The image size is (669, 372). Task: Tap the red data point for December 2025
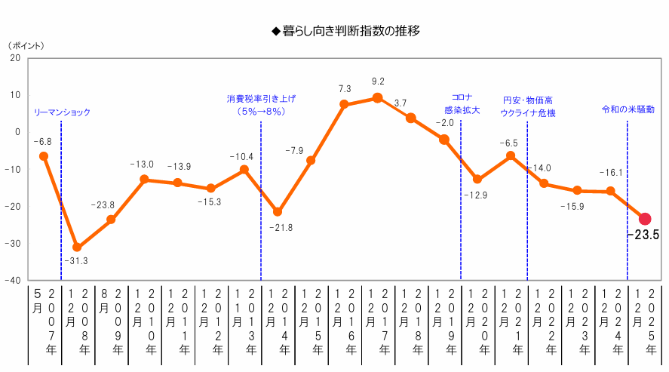click(645, 219)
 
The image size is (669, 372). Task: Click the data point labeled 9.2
click(378, 97)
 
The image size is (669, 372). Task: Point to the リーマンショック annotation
click(62, 112)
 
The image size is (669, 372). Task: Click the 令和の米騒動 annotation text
click(628, 109)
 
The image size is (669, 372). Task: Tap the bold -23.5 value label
click(643, 235)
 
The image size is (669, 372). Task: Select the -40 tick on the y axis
click(13, 280)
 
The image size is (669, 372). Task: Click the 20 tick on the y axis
click(16, 57)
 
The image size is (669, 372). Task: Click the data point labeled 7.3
click(344, 105)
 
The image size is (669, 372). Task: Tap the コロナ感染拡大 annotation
click(462, 104)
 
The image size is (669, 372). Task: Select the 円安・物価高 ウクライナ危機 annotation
click(528, 106)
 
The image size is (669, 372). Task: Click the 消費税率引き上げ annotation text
click(261, 105)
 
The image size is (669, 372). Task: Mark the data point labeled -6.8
click(44, 156)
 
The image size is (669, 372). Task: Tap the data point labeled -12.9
click(477, 179)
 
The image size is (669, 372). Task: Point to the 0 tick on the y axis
click(18, 131)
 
